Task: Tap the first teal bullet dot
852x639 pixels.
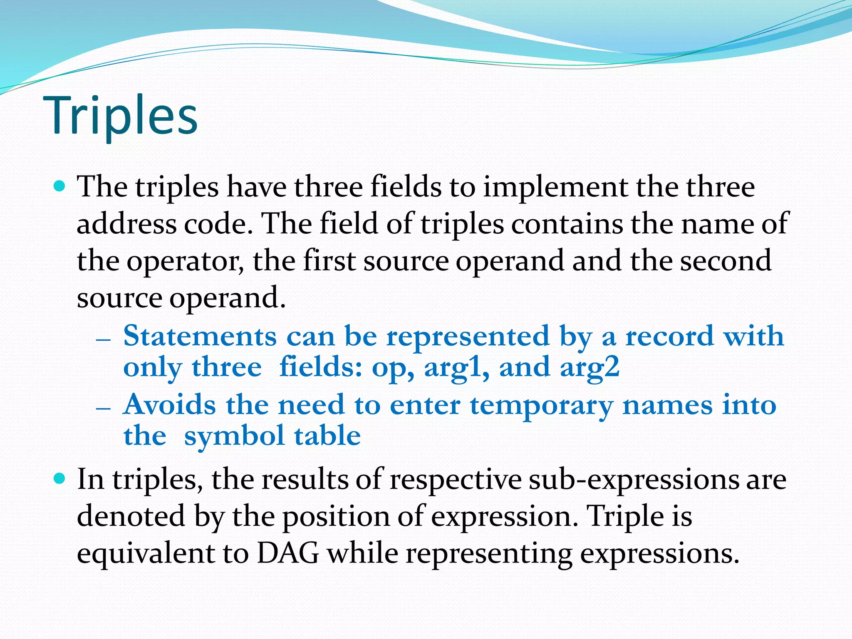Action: pos(60,186)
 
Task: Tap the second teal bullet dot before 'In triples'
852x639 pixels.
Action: pos(60,479)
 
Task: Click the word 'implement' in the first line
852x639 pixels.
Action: pos(555,187)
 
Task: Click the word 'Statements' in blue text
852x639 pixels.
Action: pos(200,336)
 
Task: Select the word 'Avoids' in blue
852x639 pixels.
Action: pos(170,405)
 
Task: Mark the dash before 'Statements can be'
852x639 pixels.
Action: pos(103,339)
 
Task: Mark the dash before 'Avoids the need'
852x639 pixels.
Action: pos(103,408)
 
